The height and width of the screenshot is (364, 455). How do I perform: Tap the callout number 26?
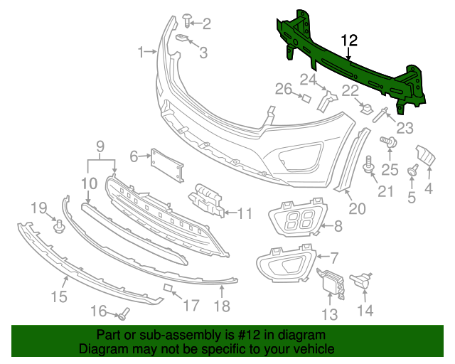click(x=284, y=89)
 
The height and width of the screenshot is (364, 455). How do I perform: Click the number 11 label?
click(x=245, y=213)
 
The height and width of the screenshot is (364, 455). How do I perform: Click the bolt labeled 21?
click(x=368, y=165)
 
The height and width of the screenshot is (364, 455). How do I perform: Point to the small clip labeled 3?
click(x=182, y=38)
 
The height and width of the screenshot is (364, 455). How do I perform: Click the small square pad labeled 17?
click(x=169, y=288)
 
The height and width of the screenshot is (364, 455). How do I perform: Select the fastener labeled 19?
click(x=60, y=227)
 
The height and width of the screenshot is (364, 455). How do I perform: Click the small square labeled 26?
click(x=305, y=99)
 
